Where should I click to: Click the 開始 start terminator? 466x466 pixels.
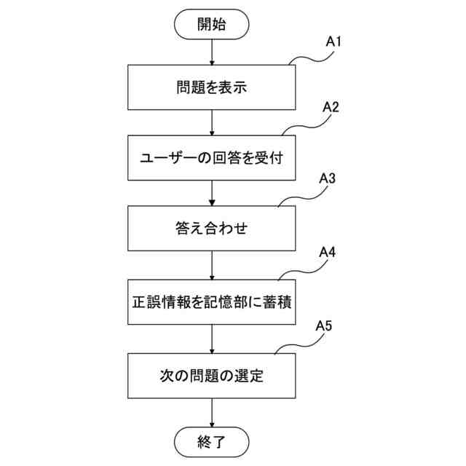(x=211, y=24)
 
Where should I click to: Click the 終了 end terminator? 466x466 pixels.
(x=212, y=441)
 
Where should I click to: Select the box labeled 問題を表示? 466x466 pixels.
(x=212, y=87)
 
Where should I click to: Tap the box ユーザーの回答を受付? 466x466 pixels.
(x=212, y=157)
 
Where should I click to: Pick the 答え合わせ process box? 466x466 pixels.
(x=212, y=229)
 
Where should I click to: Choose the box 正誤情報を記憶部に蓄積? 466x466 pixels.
(x=212, y=302)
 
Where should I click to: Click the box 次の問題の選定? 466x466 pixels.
(x=212, y=376)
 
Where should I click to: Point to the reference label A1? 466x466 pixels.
(x=333, y=42)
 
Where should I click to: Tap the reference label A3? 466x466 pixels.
(x=327, y=178)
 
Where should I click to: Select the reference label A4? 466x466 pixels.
(x=328, y=253)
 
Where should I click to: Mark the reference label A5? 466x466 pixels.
(x=325, y=326)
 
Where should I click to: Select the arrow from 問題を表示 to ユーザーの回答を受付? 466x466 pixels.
(x=212, y=122)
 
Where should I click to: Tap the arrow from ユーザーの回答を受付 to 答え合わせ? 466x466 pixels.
(x=212, y=193)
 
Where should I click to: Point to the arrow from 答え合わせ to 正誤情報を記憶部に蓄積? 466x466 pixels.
(x=212, y=266)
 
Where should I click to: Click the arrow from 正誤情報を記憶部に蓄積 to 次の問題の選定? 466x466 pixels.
(x=212, y=339)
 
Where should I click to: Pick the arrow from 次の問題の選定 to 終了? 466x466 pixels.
(x=212, y=413)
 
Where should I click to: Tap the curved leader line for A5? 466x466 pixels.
(x=295, y=345)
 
